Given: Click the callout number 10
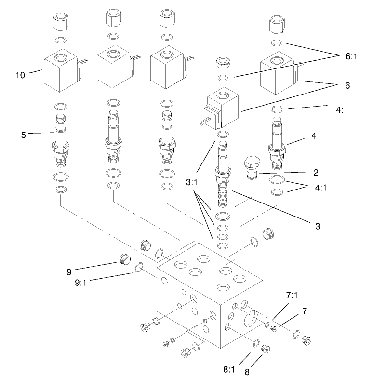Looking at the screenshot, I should [x=20, y=76].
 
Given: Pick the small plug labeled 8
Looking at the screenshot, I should [x=264, y=348].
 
